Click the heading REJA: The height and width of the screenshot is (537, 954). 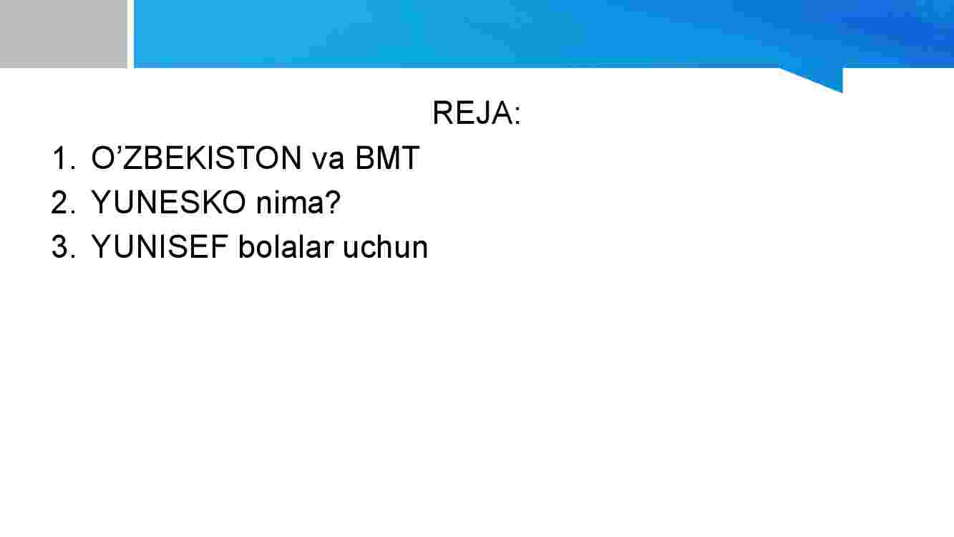(477, 113)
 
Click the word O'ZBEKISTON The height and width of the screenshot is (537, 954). (197, 158)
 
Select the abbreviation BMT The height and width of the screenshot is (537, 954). (387, 158)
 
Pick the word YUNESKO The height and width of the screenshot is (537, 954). (169, 202)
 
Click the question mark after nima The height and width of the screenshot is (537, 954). (332, 202)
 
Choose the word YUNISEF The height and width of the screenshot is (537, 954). (160, 247)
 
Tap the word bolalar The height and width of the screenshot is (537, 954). (286, 247)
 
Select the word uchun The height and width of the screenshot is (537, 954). (385, 247)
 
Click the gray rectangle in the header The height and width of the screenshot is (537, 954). (63, 34)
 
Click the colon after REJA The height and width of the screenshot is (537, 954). (517, 115)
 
